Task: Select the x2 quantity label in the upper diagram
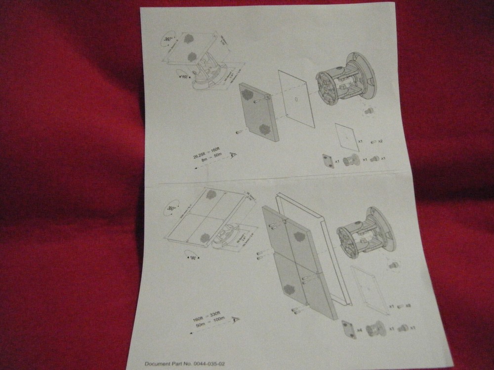[x=379, y=142]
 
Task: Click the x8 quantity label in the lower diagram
[x=408, y=306]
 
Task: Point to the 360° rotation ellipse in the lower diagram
[x=172, y=208]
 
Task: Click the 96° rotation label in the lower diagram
[x=192, y=257]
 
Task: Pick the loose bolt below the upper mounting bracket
[x=367, y=111]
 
